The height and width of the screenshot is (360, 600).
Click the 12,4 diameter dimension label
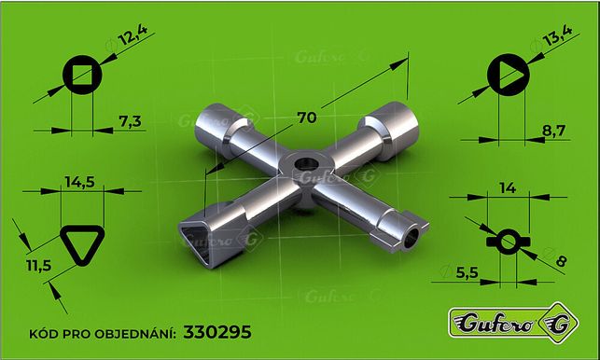pos(133,35)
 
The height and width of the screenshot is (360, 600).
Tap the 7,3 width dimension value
pos(130,121)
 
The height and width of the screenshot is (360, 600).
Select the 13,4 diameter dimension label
pos(557,35)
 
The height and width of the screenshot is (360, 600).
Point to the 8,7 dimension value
pos(553,131)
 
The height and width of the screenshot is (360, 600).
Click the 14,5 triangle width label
pos(79,182)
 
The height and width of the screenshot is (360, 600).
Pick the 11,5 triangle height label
pos(38,265)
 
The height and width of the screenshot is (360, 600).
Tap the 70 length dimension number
pos(307,118)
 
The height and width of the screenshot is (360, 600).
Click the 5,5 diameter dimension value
pos(467,272)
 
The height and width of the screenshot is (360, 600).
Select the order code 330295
pos(217,332)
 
